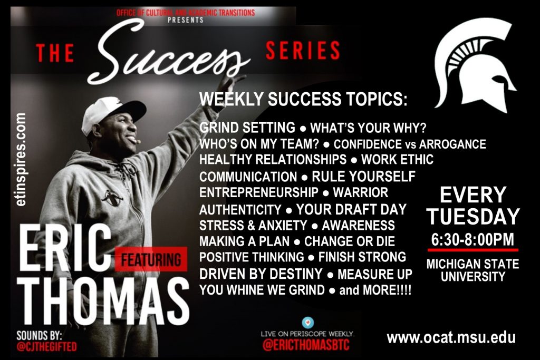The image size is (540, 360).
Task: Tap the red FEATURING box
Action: click(151, 259)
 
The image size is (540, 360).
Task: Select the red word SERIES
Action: click(303, 50)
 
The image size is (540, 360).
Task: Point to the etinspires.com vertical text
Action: click(21, 160)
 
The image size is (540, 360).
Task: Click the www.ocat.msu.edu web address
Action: click(451, 338)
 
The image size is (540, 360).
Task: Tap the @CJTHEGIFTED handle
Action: click(46, 346)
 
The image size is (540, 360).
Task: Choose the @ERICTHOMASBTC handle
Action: click(306, 345)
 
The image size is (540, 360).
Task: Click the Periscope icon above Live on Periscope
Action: click(307, 323)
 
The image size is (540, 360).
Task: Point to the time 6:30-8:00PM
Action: click(472, 239)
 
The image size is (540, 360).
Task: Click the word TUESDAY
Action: click(473, 216)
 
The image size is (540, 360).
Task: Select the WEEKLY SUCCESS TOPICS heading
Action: click(303, 99)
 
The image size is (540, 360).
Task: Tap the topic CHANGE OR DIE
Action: click(349, 241)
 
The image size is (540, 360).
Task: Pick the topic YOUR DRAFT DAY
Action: click(351, 209)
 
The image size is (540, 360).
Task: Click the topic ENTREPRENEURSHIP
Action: click(258, 192)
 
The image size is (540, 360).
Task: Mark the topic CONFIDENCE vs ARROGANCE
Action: click(410, 144)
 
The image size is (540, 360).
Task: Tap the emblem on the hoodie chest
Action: click(112, 198)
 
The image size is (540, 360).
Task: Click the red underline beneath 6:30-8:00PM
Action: click(473, 250)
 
